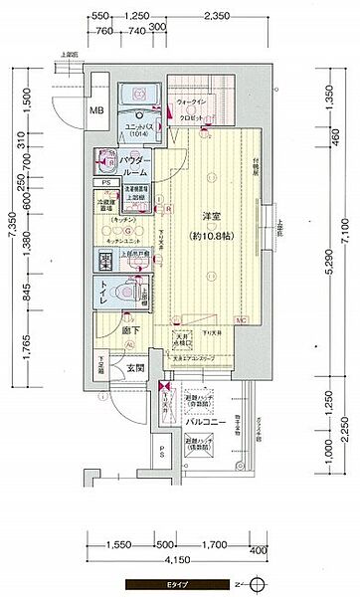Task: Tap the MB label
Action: point(98,110)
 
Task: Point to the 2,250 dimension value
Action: point(341,430)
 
